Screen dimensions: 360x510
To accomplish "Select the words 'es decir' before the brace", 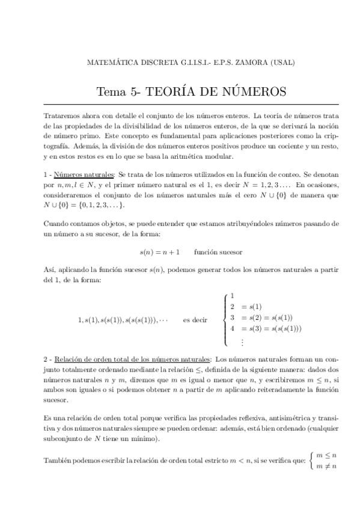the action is [x=195, y=320].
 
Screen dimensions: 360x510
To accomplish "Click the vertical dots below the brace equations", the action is [x=242, y=342].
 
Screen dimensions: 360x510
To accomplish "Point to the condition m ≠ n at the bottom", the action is [x=326, y=465].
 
